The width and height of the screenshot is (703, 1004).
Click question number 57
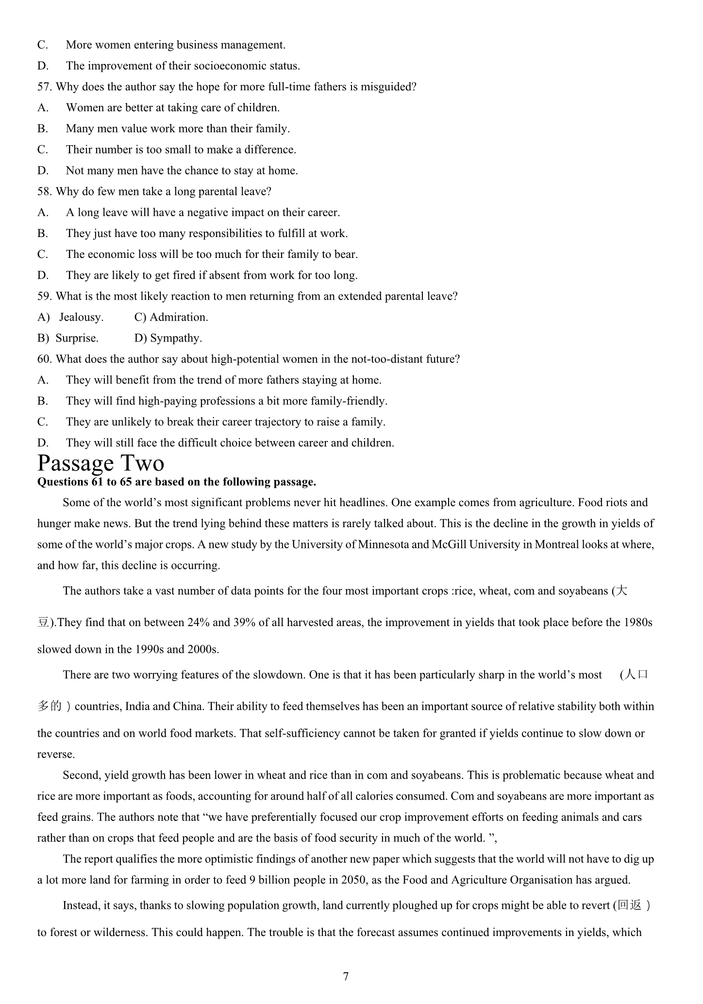[45, 87]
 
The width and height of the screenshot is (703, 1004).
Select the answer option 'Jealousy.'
[81, 317]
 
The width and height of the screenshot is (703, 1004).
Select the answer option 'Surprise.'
[77, 338]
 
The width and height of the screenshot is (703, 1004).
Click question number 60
[45, 359]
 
